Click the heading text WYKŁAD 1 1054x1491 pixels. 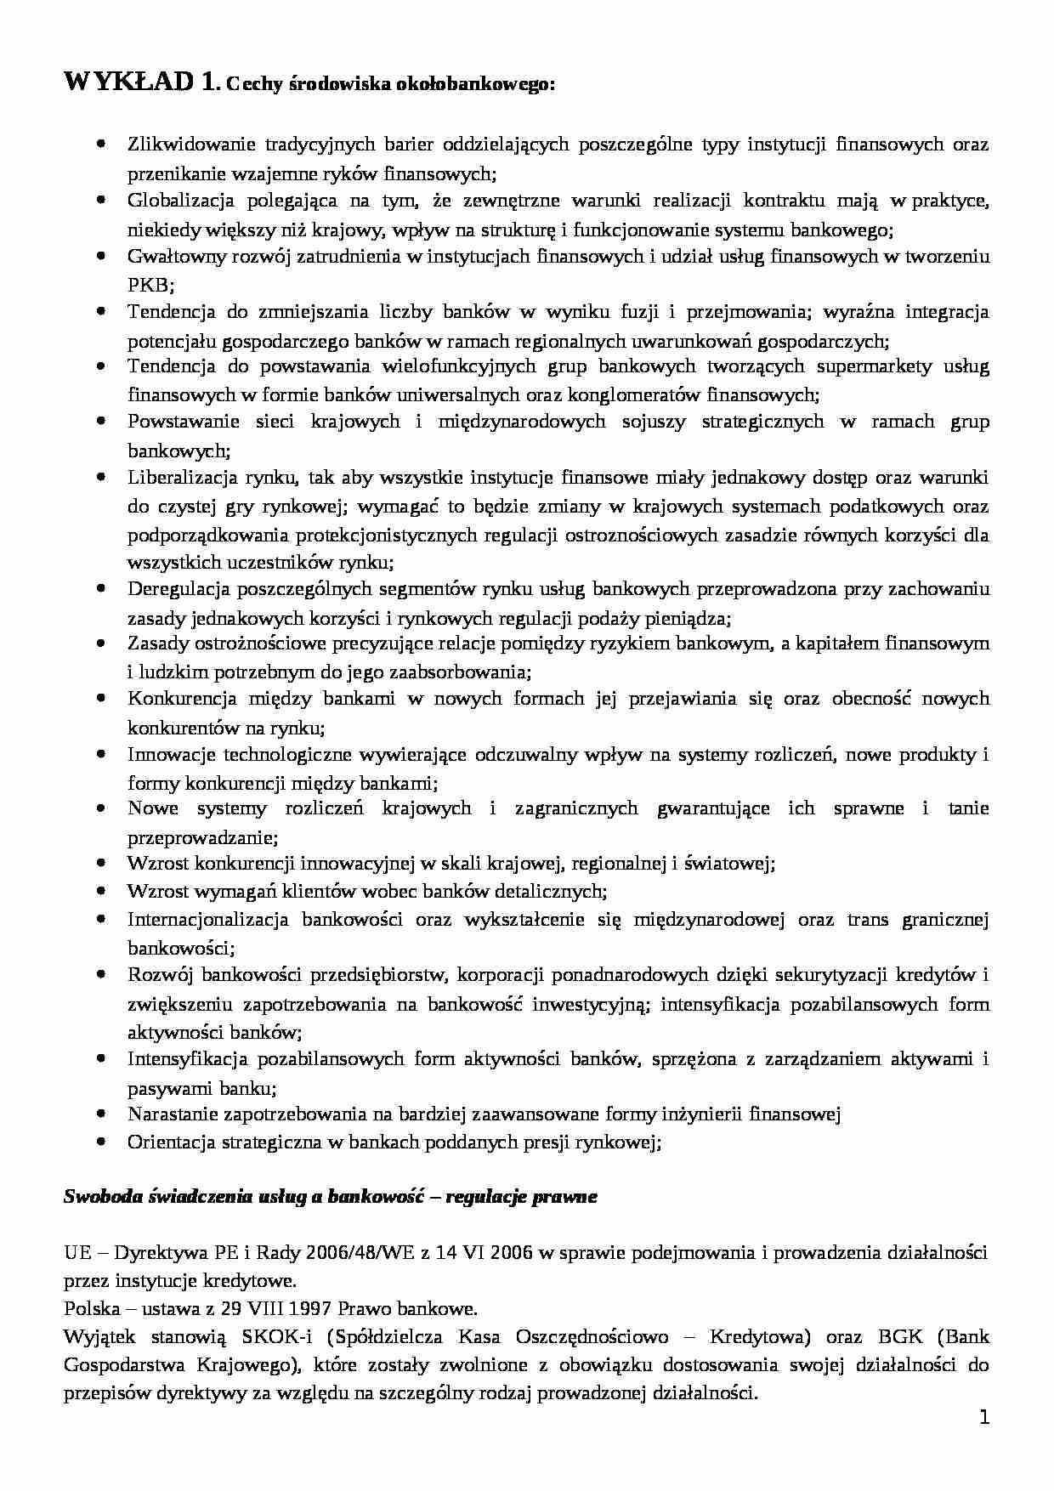tap(140, 83)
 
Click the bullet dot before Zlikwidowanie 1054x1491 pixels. tap(102, 144)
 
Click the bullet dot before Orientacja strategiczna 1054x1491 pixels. tap(102, 1142)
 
